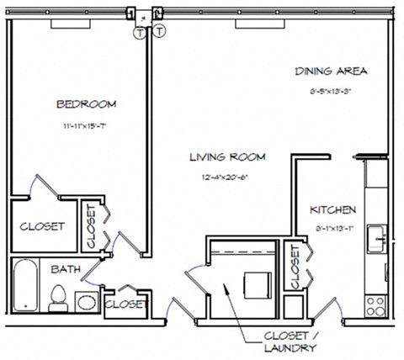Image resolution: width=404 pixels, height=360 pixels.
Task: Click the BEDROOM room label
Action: pos(86,104)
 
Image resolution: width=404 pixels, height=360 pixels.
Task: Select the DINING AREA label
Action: pos(331,71)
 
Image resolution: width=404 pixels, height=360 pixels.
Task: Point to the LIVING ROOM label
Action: pos(227,156)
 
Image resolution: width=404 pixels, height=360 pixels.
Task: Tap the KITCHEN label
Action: pos(332,209)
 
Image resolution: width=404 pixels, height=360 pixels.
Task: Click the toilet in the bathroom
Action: pos(59,296)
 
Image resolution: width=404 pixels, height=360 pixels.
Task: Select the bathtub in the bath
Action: pos(25,286)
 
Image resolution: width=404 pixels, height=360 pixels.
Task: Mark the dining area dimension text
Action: pos(331,91)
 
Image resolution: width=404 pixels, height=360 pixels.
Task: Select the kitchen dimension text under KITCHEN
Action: pos(332,226)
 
